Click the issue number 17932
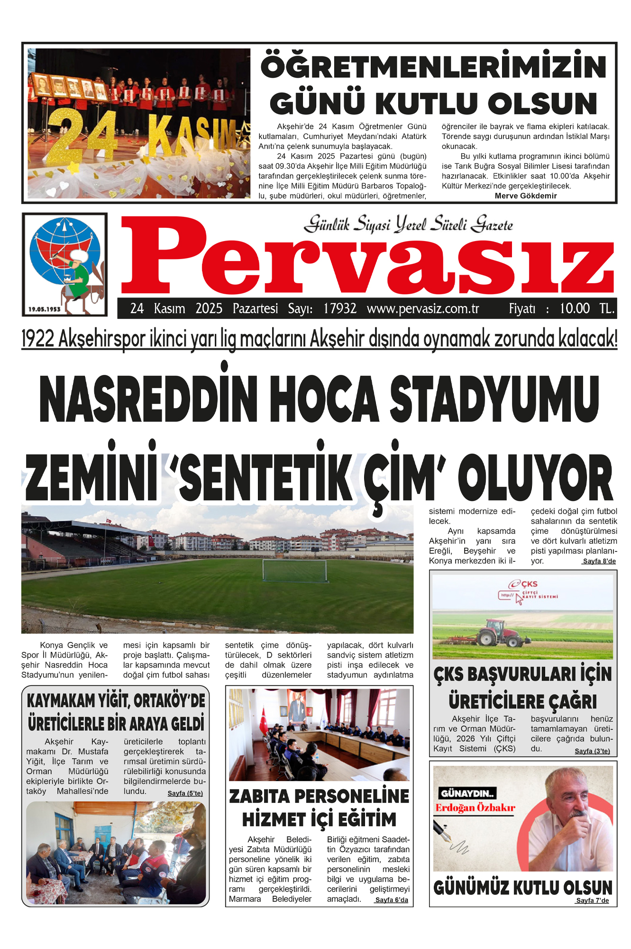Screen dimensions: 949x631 tap(340, 309)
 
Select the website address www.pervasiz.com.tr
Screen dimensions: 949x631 tap(423, 309)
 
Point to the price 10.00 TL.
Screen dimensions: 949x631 tap(586, 309)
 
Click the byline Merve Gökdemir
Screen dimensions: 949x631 tap(526, 196)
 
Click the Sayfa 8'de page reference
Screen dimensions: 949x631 tap(599, 561)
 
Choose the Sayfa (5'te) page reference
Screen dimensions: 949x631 tap(185, 793)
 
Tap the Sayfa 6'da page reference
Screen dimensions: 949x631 tap(392, 900)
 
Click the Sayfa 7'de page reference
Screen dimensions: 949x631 tap(592, 901)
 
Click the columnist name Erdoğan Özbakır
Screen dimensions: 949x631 tap(475, 808)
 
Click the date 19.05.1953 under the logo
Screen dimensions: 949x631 tap(45, 309)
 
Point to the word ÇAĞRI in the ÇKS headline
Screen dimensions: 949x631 tap(569, 702)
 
